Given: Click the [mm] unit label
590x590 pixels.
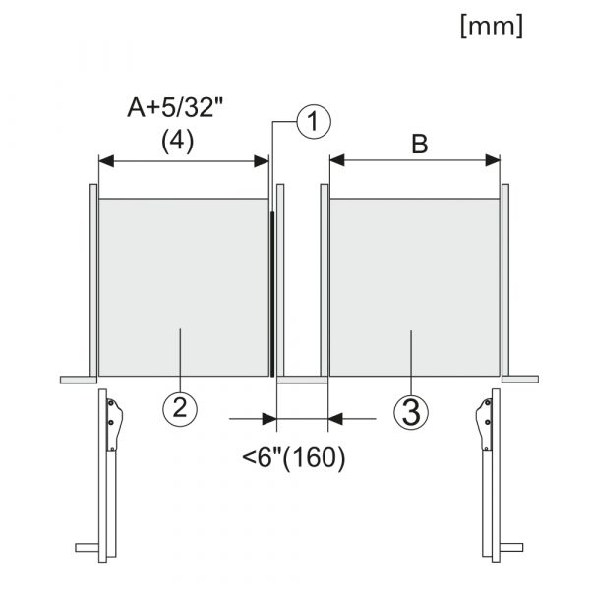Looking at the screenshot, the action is [492, 27].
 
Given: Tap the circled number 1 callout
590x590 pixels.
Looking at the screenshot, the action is [314, 122].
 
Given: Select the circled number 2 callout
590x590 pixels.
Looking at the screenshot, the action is [180, 409].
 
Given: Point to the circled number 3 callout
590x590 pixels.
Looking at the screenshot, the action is [411, 412].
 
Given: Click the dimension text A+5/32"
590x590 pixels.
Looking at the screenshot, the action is [175, 107].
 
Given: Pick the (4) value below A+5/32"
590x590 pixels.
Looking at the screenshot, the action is [177, 142].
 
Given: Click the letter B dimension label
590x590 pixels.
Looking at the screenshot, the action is [420, 145].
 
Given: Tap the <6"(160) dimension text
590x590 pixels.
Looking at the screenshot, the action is [293, 458].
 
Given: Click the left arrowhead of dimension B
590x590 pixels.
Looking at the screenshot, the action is [337, 160].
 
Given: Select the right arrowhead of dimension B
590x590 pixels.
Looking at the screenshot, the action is [493, 160].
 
